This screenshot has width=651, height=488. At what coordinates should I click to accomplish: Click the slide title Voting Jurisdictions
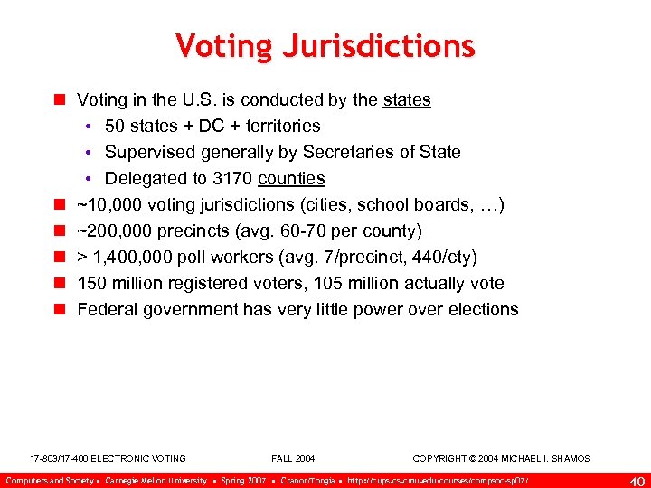[x=325, y=45]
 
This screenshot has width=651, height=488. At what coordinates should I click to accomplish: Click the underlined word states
[x=406, y=99]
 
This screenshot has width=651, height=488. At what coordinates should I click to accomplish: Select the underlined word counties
[x=290, y=178]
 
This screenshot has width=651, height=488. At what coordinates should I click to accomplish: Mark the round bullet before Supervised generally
[x=92, y=152]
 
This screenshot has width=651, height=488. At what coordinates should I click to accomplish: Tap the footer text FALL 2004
[x=293, y=459]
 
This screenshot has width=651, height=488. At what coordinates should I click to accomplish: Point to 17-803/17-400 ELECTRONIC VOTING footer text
[x=108, y=459]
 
